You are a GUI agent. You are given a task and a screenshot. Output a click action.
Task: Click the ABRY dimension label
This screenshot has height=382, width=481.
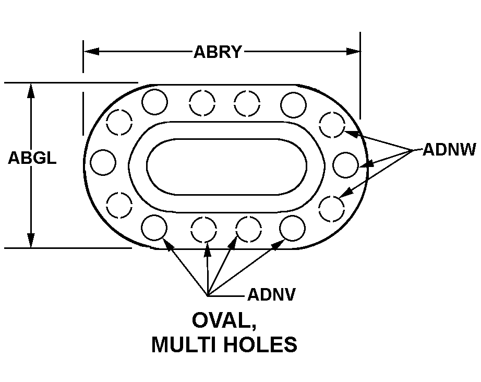(x=218, y=52)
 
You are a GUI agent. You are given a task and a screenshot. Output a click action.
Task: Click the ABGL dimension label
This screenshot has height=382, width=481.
(x=32, y=158)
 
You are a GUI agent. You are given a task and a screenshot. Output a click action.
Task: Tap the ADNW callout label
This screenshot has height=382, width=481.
(x=449, y=150)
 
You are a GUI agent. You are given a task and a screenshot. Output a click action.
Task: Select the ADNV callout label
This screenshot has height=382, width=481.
(x=271, y=294)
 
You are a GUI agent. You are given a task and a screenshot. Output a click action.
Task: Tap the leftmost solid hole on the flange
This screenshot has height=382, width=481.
(x=103, y=162)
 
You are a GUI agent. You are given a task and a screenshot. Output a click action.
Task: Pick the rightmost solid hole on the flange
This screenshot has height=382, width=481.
(x=345, y=165)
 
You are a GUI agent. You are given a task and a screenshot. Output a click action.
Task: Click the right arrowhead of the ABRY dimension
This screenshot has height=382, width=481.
(x=353, y=52)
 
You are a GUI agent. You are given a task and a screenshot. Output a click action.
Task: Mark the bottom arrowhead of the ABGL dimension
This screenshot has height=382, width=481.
(x=31, y=240)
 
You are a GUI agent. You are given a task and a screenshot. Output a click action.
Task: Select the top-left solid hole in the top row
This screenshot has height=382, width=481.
(x=154, y=102)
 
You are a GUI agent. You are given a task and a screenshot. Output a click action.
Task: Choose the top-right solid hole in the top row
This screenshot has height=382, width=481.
(x=293, y=104)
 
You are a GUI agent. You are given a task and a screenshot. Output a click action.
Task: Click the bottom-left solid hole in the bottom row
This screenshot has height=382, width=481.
(x=154, y=228)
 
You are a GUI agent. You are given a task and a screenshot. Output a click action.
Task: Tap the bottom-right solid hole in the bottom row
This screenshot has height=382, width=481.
(x=292, y=228)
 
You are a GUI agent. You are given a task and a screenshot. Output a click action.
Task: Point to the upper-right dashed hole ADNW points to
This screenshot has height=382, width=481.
(x=332, y=125)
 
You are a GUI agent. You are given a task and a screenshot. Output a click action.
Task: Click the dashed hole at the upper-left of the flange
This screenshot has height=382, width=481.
(x=119, y=122)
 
